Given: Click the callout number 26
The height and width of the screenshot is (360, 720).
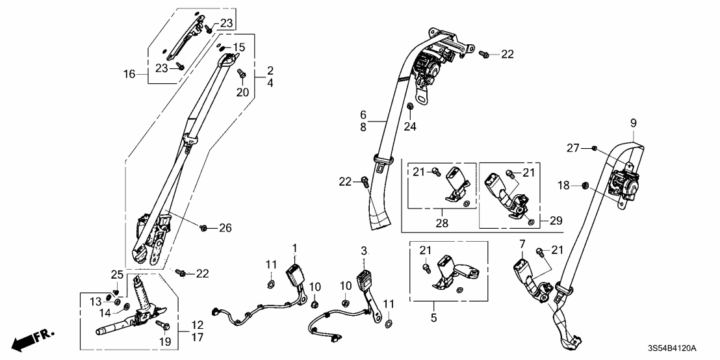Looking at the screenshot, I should tap(225, 227).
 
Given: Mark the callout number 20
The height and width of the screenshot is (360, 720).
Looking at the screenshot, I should tap(242, 93).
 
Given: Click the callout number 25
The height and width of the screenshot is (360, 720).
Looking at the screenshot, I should tap(116, 273).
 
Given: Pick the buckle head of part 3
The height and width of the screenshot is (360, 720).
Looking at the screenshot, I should tap(364, 281).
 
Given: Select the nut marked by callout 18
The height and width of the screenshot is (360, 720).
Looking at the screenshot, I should tap(582, 186).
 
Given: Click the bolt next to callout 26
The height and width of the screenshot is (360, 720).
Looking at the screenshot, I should tap(204, 227).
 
